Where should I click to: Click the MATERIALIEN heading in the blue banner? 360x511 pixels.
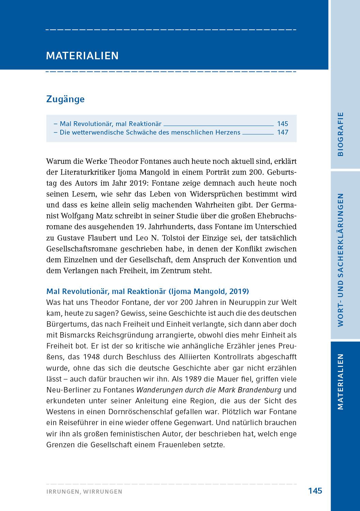82,56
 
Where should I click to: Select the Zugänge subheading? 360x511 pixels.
65,99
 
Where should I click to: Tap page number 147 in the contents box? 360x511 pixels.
282,132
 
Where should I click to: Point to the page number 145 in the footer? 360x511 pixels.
315,491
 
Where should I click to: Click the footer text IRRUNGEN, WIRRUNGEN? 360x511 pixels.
84,492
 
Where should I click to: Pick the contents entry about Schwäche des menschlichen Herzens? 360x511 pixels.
150,132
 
